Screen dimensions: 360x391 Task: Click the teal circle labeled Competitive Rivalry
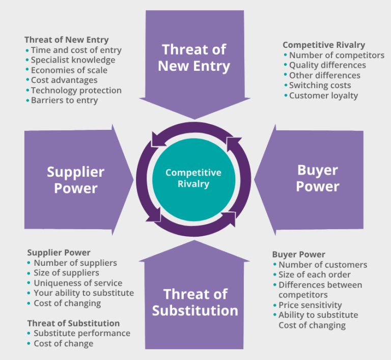click(193, 178)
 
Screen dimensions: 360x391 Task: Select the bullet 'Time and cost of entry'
click(76, 50)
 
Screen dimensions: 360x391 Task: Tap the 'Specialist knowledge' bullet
click(73, 60)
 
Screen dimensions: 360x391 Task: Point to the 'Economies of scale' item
click(69, 70)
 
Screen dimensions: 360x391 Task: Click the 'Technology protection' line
click(76, 91)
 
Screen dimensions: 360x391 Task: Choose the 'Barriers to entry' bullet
click(64, 100)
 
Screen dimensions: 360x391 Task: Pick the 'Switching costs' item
click(320, 86)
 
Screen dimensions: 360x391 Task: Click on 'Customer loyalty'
click(323, 96)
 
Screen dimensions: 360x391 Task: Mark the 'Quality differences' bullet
click(327, 65)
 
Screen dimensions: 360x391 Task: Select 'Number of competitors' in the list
click(337, 55)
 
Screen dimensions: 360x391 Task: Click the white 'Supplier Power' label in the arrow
click(75, 180)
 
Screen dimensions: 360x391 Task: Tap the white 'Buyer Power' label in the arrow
click(318, 178)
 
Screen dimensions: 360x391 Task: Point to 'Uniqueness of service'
click(78, 283)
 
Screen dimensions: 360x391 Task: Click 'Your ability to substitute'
click(83, 293)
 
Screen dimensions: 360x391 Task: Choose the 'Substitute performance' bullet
click(82, 334)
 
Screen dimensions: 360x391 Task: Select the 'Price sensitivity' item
click(310, 305)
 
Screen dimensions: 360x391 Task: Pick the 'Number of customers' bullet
click(322, 265)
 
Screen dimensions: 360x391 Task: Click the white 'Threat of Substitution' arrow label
click(195, 302)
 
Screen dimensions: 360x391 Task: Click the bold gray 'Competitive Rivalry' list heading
click(324, 45)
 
